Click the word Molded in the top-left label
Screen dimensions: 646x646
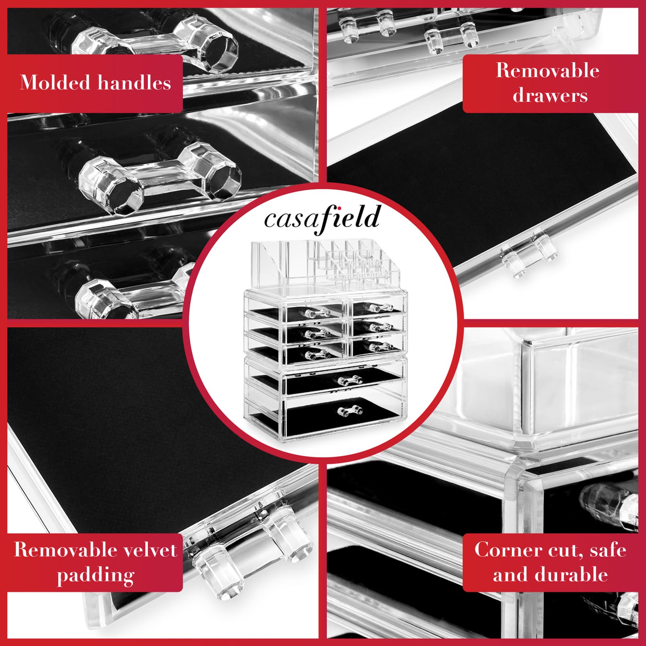[x=55, y=83]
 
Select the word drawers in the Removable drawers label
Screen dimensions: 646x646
[x=550, y=96]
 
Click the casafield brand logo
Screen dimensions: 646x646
[x=322, y=218]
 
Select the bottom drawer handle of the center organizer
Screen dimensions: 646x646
[x=350, y=411]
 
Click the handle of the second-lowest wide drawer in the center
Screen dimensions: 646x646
[x=350, y=380]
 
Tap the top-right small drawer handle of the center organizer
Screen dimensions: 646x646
[x=378, y=308]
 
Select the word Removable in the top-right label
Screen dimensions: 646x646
[x=547, y=71]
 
